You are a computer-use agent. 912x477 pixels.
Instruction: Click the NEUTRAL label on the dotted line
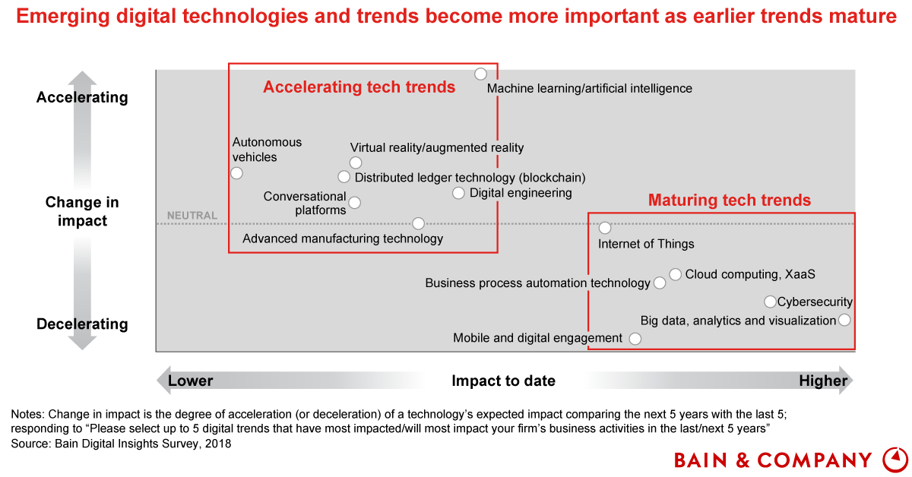tap(192, 215)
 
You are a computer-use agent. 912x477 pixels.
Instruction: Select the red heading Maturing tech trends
tap(729, 201)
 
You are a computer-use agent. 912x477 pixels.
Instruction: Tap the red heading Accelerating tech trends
tap(359, 87)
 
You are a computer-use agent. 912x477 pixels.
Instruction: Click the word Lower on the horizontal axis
tap(190, 381)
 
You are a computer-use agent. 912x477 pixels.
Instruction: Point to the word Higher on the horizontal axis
tap(823, 381)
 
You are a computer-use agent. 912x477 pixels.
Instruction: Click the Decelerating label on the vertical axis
tap(82, 324)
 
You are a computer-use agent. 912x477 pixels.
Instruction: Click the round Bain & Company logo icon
tap(896, 460)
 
